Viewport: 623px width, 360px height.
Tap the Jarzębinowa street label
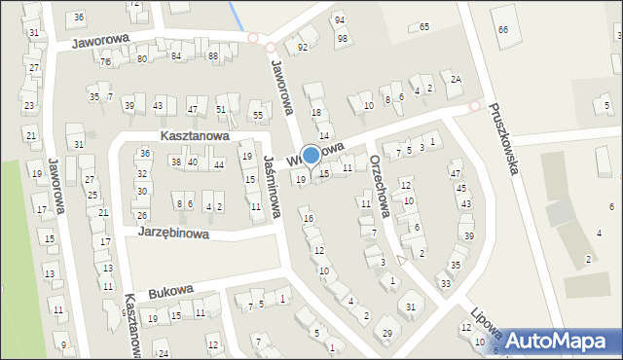[x=173, y=234]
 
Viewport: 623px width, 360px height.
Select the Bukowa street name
[x=171, y=291]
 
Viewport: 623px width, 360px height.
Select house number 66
[x=502, y=30]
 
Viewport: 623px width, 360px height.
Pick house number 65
[x=424, y=26]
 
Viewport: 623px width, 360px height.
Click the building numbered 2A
[x=455, y=79]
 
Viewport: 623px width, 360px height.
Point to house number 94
[x=340, y=20]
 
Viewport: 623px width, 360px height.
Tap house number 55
[x=258, y=116]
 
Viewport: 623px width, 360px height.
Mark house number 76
[x=105, y=62]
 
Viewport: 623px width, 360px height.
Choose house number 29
[x=387, y=334]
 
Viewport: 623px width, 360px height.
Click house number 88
[x=213, y=56]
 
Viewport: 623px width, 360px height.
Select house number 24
[x=164, y=352]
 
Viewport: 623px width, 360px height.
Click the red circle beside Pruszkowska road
[x=475, y=106]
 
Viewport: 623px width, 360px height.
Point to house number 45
[x=461, y=188]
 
